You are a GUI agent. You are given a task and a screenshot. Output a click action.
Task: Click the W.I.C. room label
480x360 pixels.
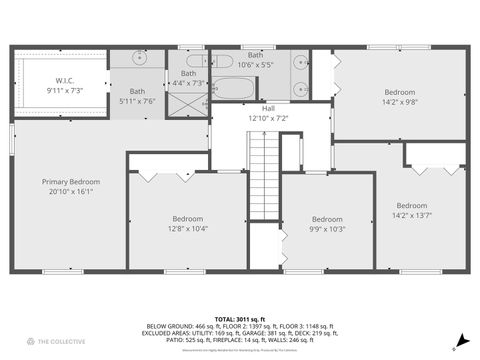click(64, 81)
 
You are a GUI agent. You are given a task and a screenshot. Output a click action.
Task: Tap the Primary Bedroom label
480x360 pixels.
click(68, 182)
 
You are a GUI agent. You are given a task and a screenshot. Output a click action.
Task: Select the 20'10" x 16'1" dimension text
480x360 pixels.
click(68, 192)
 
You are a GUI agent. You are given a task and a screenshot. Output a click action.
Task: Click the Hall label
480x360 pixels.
click(268, 108)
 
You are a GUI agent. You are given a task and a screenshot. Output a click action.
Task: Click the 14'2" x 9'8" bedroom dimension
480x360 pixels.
click(399, 101)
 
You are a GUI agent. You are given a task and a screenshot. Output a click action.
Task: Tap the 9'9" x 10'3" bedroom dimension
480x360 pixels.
click(326, 229)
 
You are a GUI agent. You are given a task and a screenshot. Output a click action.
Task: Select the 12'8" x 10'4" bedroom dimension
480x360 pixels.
click(187, 229)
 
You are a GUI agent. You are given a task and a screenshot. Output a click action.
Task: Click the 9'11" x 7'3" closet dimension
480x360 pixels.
click(64, 91)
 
